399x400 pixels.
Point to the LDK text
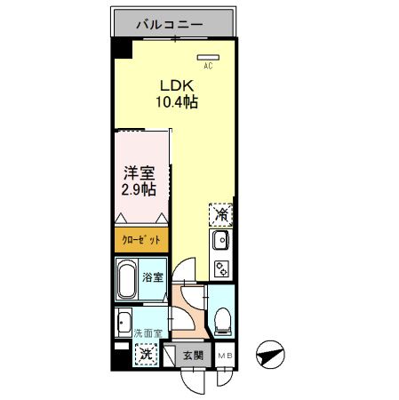[174, 85]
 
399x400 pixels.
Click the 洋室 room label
[139, 172]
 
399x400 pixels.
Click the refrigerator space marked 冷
[221, 214]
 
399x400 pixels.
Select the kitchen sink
[221, 240]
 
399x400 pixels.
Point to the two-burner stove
[221, 268]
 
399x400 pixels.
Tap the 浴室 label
[153, 277]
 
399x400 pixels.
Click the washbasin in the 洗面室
[124, 321]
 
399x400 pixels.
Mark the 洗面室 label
[148, 333]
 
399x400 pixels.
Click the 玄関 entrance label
[193, 355]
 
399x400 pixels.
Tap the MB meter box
[226, 355]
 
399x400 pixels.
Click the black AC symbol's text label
[208, 66]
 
